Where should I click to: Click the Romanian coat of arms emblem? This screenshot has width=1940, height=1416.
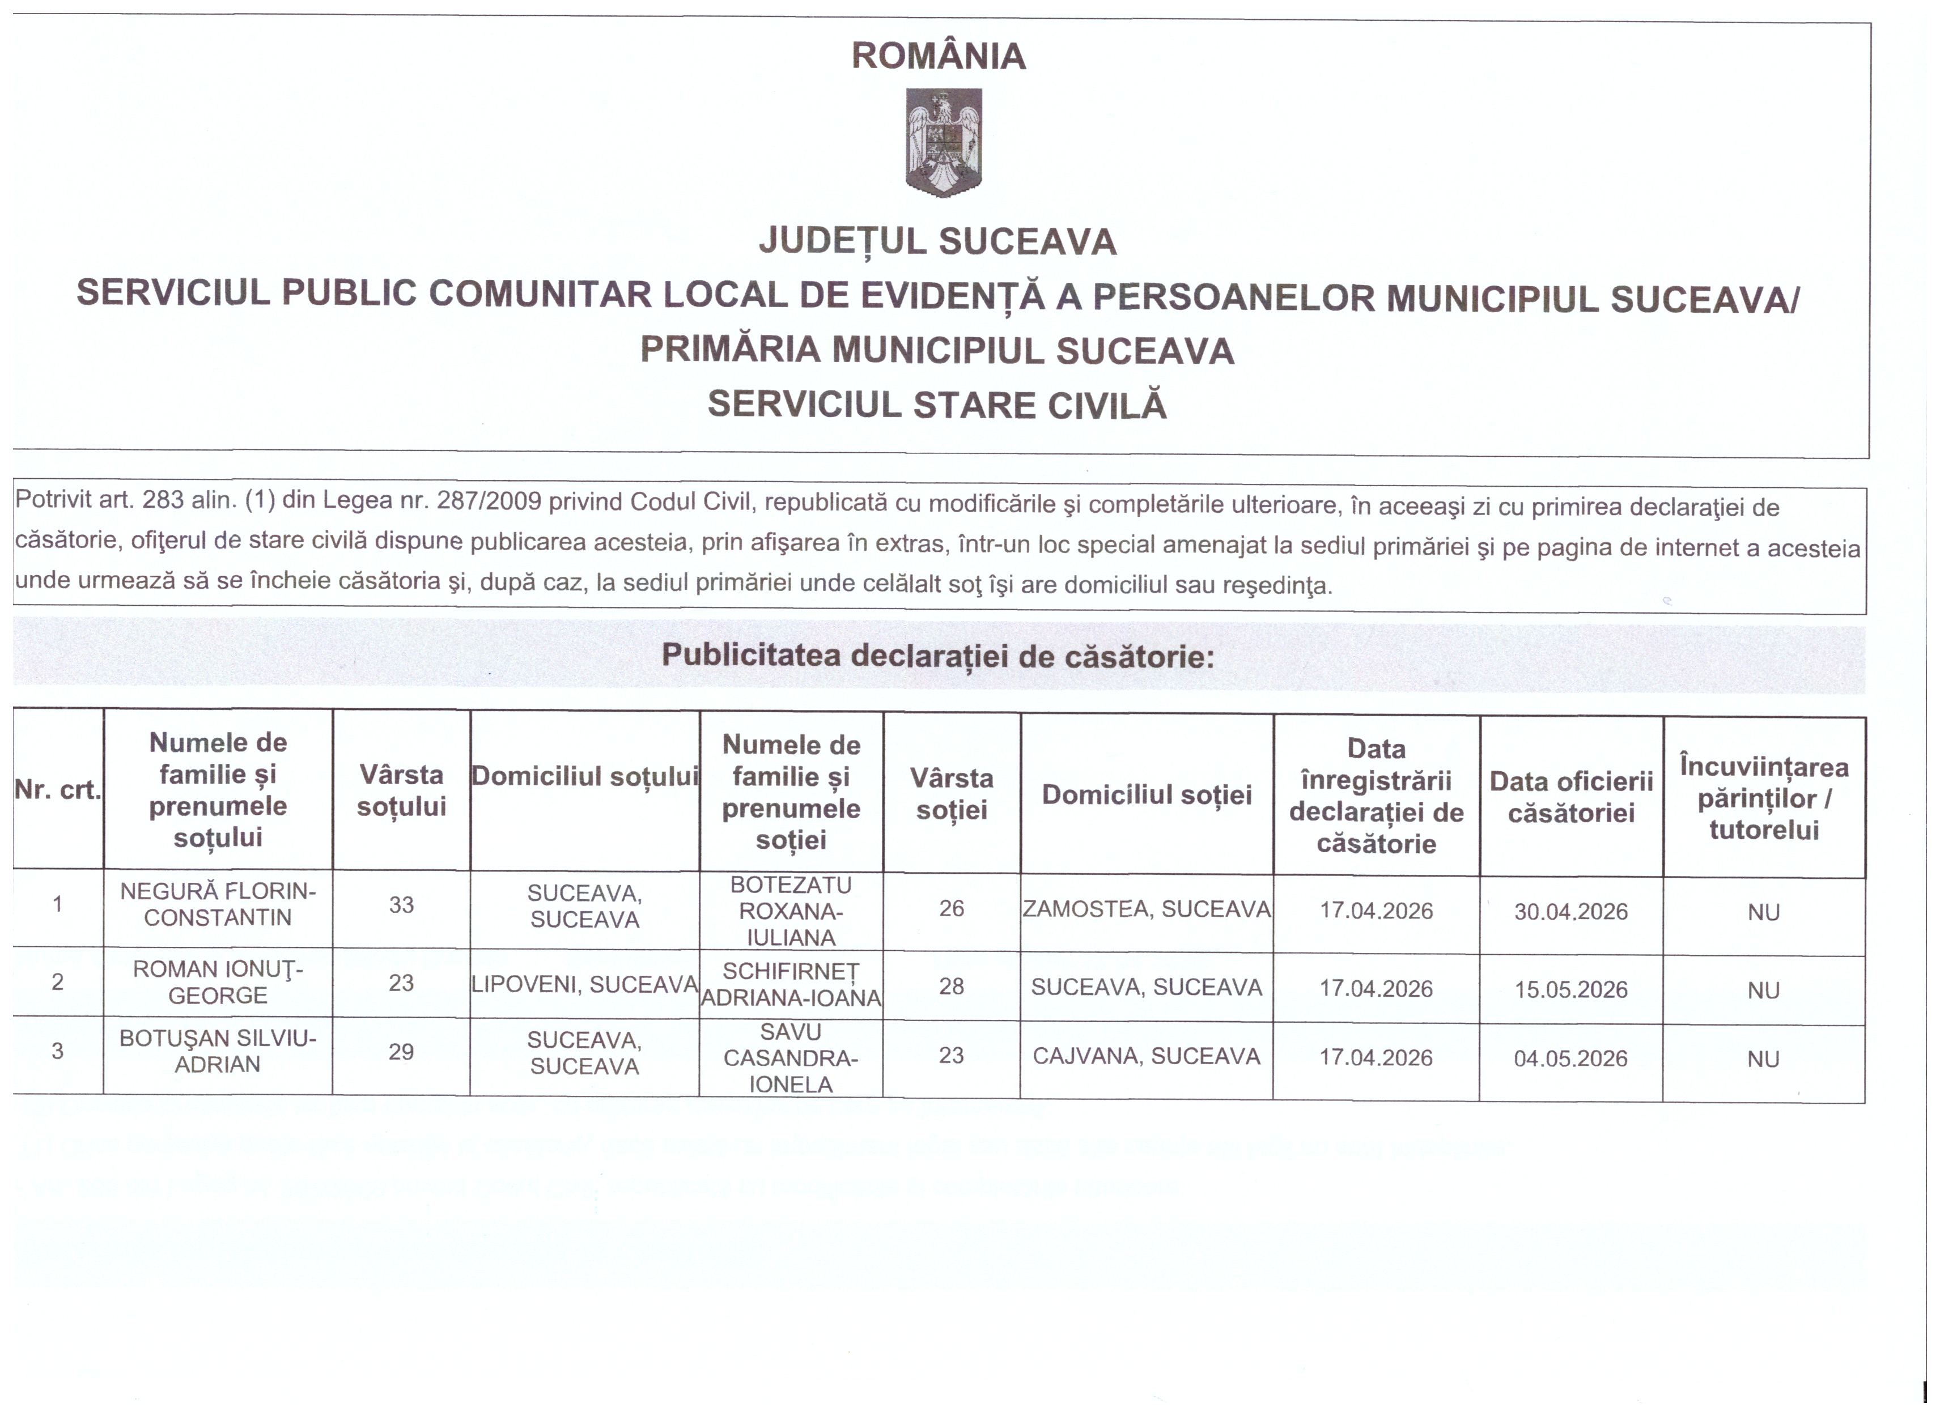(x=943, y=142)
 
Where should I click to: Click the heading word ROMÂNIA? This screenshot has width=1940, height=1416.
(x=939, y=57)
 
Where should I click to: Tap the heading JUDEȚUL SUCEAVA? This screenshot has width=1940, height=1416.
(x=938, y=242)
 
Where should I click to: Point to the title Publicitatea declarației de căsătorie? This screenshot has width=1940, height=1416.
(x=938, y=657)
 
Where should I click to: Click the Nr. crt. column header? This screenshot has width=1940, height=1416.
(x=57, y=789)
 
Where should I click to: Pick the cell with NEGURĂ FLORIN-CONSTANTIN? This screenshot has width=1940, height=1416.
(x=218, y=904)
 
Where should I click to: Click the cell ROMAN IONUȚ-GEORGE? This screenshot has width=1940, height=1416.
(x=218, y=983)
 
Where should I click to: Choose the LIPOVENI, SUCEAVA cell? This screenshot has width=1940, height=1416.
(x=585, y=985)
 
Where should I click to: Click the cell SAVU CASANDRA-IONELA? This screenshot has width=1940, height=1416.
(x=791, y=1058)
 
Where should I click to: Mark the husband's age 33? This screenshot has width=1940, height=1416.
(x=401, y=905)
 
